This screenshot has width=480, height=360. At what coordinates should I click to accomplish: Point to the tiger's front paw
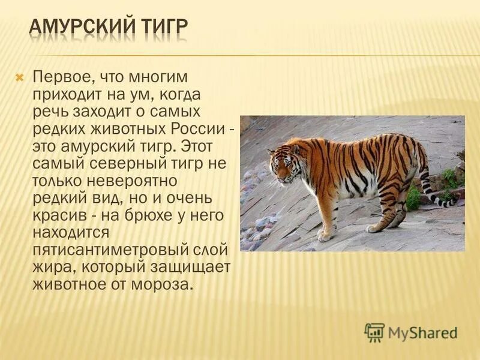pyautogui.click(x=325, y=236)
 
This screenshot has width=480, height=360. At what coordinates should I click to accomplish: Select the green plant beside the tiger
pyautogui.click(x=414, y=198)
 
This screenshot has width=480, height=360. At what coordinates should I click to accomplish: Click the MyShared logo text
pyautogui.click(x=422, y=332)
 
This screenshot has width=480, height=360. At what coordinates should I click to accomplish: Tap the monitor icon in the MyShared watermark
pyautogui.click(x=374, y=332)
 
